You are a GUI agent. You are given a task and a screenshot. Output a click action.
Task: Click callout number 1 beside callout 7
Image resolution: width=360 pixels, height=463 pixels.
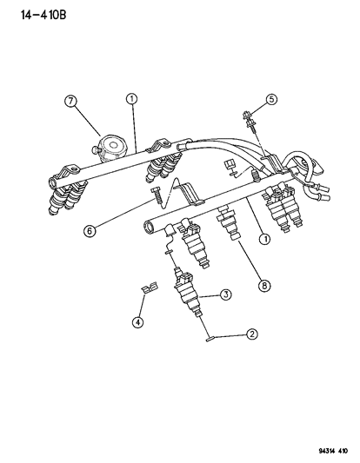tap(131, 101)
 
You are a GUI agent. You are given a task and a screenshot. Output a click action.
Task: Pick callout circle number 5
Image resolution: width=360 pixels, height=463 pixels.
tap(271, 99)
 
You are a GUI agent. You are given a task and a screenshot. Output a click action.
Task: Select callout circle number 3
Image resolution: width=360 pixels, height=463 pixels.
tap(224, 295)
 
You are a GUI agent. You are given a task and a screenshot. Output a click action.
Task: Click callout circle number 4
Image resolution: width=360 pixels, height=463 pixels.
tap(137, 322)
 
